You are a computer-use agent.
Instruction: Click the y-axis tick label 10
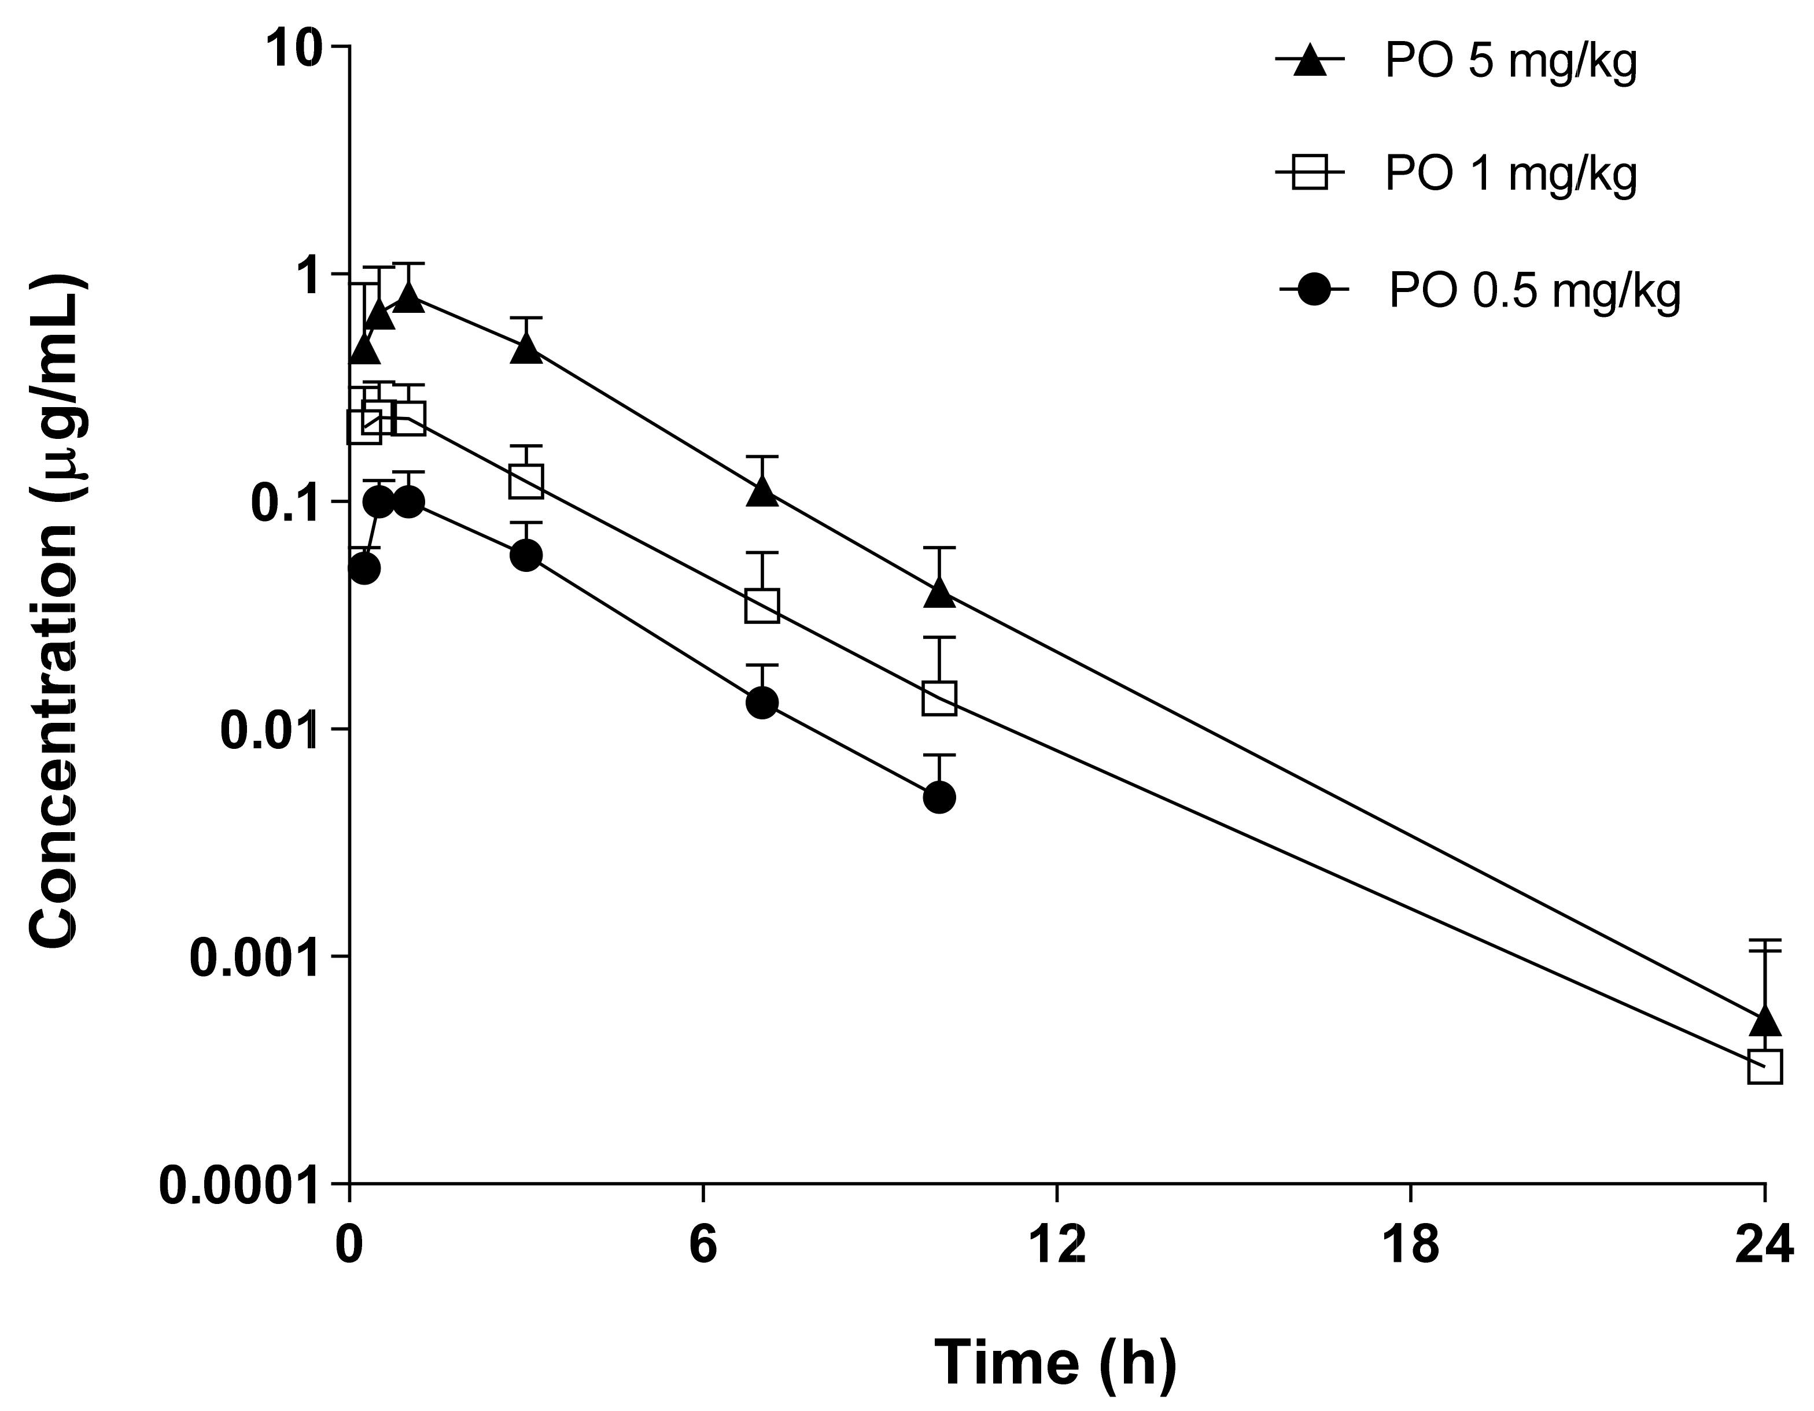pos(292,47)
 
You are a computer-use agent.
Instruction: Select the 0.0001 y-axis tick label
pos(239,1185)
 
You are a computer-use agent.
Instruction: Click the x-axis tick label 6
pos(703,1246)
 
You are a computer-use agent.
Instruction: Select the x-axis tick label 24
pos(1763,1246)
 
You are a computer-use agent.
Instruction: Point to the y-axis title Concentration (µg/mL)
pos(55,611)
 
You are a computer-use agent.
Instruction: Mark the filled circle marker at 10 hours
pos(939,798)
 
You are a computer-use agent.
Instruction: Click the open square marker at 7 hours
pos(762,605)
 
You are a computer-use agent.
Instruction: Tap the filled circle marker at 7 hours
pos(762,703)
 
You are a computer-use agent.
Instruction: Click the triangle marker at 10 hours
pos(939,592)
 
